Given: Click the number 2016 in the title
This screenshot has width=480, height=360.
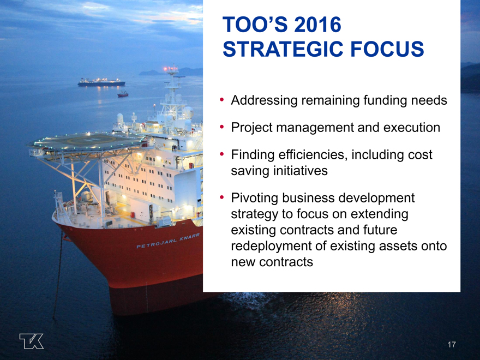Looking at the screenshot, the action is point(317,25).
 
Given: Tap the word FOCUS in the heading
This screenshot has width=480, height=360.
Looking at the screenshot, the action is point(387,49).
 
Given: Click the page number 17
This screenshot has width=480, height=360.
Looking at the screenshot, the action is point(452,345).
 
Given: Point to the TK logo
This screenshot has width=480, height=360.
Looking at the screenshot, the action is point(32,341).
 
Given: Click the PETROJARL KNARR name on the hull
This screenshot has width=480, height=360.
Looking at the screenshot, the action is point(168,241).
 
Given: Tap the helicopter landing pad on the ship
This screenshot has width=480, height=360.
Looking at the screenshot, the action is point(87,141).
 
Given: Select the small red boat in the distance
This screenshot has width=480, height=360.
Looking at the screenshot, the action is point(123,94).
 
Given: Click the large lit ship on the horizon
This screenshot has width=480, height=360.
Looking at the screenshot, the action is point(101,82).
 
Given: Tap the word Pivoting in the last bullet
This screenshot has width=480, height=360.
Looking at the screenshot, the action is point(254,198).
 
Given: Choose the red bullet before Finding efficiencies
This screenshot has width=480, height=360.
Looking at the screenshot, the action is point(221,154).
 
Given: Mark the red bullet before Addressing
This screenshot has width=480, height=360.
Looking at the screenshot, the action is point(221,100).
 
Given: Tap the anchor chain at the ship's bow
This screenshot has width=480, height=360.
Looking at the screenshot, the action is point(58,275).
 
